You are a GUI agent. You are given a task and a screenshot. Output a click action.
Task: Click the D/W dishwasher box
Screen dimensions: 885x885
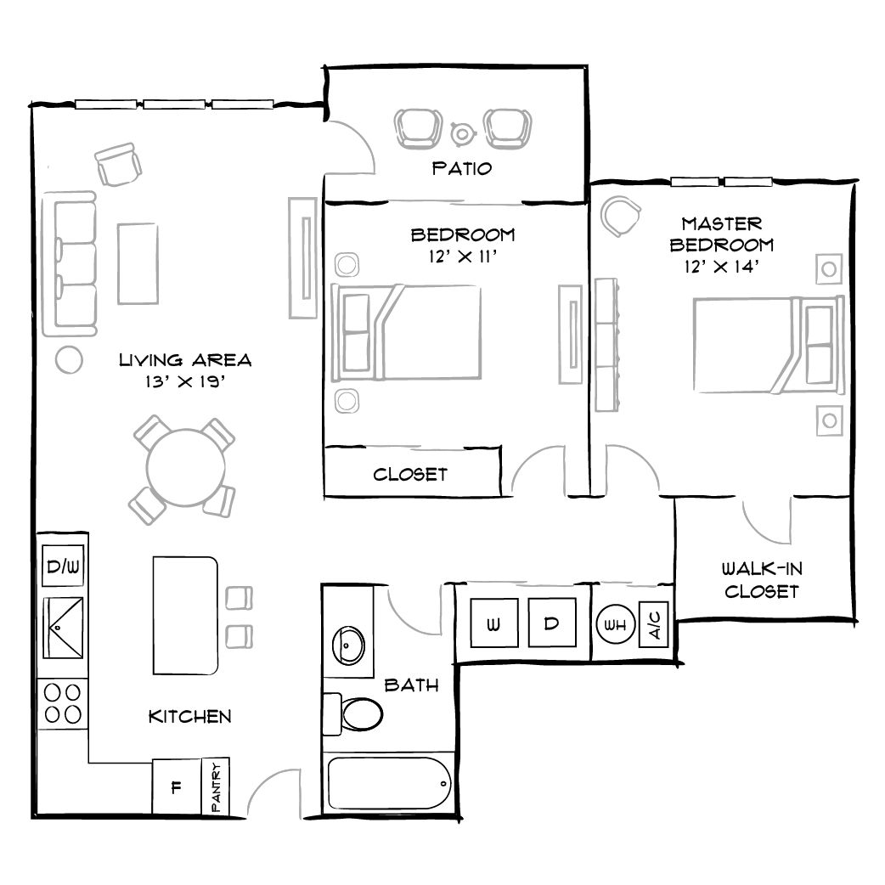coord(64,566)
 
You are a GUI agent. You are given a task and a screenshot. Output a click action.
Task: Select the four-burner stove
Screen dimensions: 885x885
coord(64,703)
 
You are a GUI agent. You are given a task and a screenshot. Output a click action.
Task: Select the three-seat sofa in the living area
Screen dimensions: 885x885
coord(75,262)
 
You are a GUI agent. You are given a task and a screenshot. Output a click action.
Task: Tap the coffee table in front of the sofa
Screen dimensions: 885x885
coord(138,262)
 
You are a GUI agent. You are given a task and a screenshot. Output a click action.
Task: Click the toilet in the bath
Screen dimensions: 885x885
coord(357,713)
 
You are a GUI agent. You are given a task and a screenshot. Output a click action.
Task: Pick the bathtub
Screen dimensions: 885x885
coord(388,785)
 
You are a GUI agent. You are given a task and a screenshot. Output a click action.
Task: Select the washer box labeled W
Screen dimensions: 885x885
coord(493,624)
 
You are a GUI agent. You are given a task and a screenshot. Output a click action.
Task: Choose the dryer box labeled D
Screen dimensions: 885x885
coord(551,624)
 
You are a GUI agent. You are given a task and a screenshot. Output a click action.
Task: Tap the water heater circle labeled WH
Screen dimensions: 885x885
coord(613,625)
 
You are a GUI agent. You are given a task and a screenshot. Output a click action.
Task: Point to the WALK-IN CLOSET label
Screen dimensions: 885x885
coord(761,579)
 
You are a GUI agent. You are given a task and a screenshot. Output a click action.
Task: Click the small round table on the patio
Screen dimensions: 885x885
coord(462,132)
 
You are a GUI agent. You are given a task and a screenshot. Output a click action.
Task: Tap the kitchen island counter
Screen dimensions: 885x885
coord(185,615)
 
